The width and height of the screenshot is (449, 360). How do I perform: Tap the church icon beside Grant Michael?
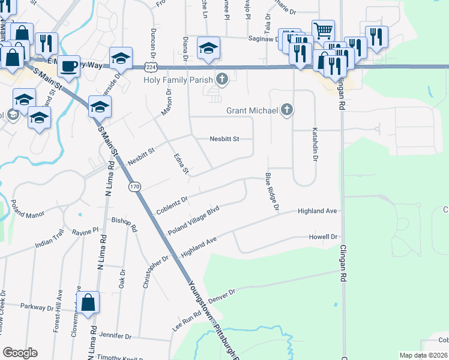[x=288, y=110]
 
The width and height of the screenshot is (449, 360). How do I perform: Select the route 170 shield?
[x=134, y=187]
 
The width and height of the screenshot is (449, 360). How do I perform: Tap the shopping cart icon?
[x=322, y=30]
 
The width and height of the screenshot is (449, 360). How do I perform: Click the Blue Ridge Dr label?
[x=273, y=192]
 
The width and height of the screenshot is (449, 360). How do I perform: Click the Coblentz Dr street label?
[x=172, y=204]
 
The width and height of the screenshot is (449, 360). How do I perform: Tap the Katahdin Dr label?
[x=314, y=145]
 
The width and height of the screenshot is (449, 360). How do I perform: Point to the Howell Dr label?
[x=323, y=237]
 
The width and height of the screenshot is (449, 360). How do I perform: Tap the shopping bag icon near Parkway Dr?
[x=88, y=304]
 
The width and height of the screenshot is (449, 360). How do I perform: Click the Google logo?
[x=20, y=353]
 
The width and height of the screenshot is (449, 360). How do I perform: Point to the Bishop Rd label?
[x=125, y=224]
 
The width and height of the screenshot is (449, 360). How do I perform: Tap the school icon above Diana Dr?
[x=208, y=49]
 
